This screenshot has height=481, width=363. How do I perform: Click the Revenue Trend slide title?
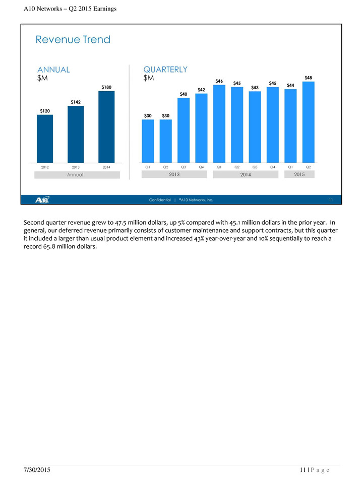73,40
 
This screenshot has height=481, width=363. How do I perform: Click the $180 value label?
106,87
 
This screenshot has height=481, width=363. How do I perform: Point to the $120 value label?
45,111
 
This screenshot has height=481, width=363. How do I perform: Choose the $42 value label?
201,90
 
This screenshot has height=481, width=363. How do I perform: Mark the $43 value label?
255,88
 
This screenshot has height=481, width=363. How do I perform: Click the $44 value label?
291,85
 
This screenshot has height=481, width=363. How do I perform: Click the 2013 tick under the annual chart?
76,167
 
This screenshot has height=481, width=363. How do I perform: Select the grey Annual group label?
77,175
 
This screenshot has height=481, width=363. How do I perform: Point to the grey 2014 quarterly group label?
246,174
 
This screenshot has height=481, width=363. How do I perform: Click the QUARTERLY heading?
165,70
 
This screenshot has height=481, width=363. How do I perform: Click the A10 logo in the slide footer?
42,200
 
